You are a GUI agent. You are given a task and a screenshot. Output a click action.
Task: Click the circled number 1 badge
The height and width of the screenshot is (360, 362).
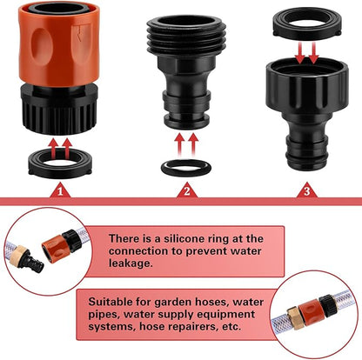(x=59, y=190)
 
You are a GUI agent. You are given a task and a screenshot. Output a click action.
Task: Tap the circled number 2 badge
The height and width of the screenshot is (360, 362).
(x=182, y=190)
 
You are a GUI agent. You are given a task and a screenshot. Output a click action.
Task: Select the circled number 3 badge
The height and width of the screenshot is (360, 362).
(x=305, y=190)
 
